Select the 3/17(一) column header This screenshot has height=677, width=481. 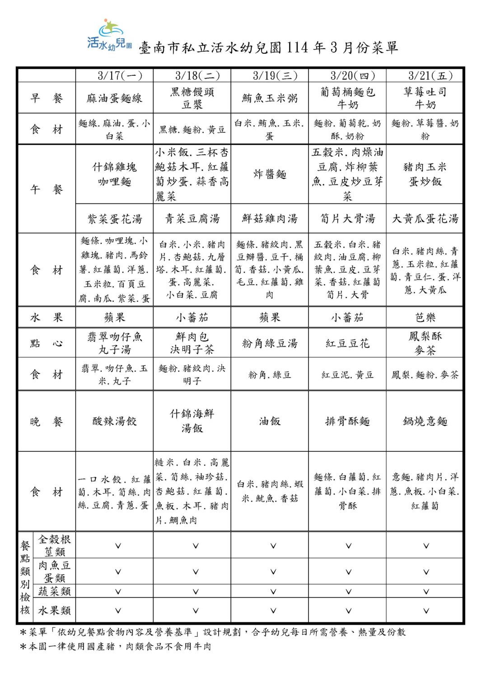tap(114, 75)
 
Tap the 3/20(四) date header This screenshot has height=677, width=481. tap(347, 75)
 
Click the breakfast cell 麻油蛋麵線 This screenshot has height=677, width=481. tap(114, 98)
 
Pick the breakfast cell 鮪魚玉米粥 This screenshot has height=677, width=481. tap(270, 98)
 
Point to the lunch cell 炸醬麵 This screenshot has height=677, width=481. tap(270, 174)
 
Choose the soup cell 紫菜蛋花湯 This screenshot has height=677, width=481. tap(114, 219)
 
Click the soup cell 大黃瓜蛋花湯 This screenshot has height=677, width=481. tap(425, 219)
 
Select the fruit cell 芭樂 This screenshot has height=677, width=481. tap(425, 317)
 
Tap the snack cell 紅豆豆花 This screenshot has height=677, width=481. tap(347, 343)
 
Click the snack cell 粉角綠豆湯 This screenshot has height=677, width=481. tap(270, 343)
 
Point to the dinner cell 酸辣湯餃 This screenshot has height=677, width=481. tap(114, 421)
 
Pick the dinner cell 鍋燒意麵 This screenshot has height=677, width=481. tap(425, 421)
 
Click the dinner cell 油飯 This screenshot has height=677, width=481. tap(270, 421)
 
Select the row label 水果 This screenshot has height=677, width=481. tap(47, 317)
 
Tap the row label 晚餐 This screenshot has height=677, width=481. tap(47, 422)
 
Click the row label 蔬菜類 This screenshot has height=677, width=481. tap(55, 591)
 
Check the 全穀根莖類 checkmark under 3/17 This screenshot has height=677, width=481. tap(118, 546)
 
